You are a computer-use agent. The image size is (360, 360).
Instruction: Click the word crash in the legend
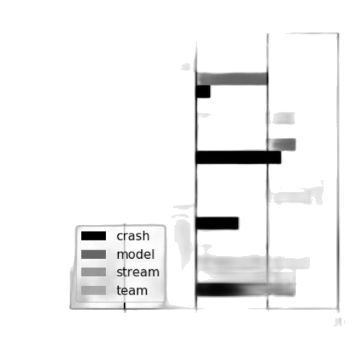coord(133,236)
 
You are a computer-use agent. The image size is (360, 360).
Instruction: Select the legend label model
coord(136,255)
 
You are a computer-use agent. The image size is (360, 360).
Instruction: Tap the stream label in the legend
coord(138,272)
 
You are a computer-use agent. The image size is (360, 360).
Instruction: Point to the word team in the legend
coord(132,290)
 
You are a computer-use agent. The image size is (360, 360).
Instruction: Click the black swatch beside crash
coord(94,236)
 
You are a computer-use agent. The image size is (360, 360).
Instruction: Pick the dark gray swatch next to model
coord(94,255)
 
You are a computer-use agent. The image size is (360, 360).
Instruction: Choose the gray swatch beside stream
coord(94,272)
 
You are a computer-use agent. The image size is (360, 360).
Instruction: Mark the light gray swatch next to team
coord(94,290)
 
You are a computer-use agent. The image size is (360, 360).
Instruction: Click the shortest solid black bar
coord(203,91)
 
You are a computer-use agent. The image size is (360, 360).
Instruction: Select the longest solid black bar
coord(238,157)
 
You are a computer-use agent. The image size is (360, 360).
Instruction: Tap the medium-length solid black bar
coord(217,223)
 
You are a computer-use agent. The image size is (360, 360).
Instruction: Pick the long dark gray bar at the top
coord(232,79)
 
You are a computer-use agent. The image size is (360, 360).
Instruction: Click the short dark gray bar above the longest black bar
coord(282,145)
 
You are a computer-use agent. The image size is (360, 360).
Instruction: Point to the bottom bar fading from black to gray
coord(245,290)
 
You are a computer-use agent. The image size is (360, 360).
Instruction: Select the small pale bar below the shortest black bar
coord(284,118)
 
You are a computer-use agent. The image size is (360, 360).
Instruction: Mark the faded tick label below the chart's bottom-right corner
coord(339,322)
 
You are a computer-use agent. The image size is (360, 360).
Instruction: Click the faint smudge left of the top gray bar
coord(186,67)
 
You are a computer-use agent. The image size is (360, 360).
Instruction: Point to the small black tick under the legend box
coord(124,306)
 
